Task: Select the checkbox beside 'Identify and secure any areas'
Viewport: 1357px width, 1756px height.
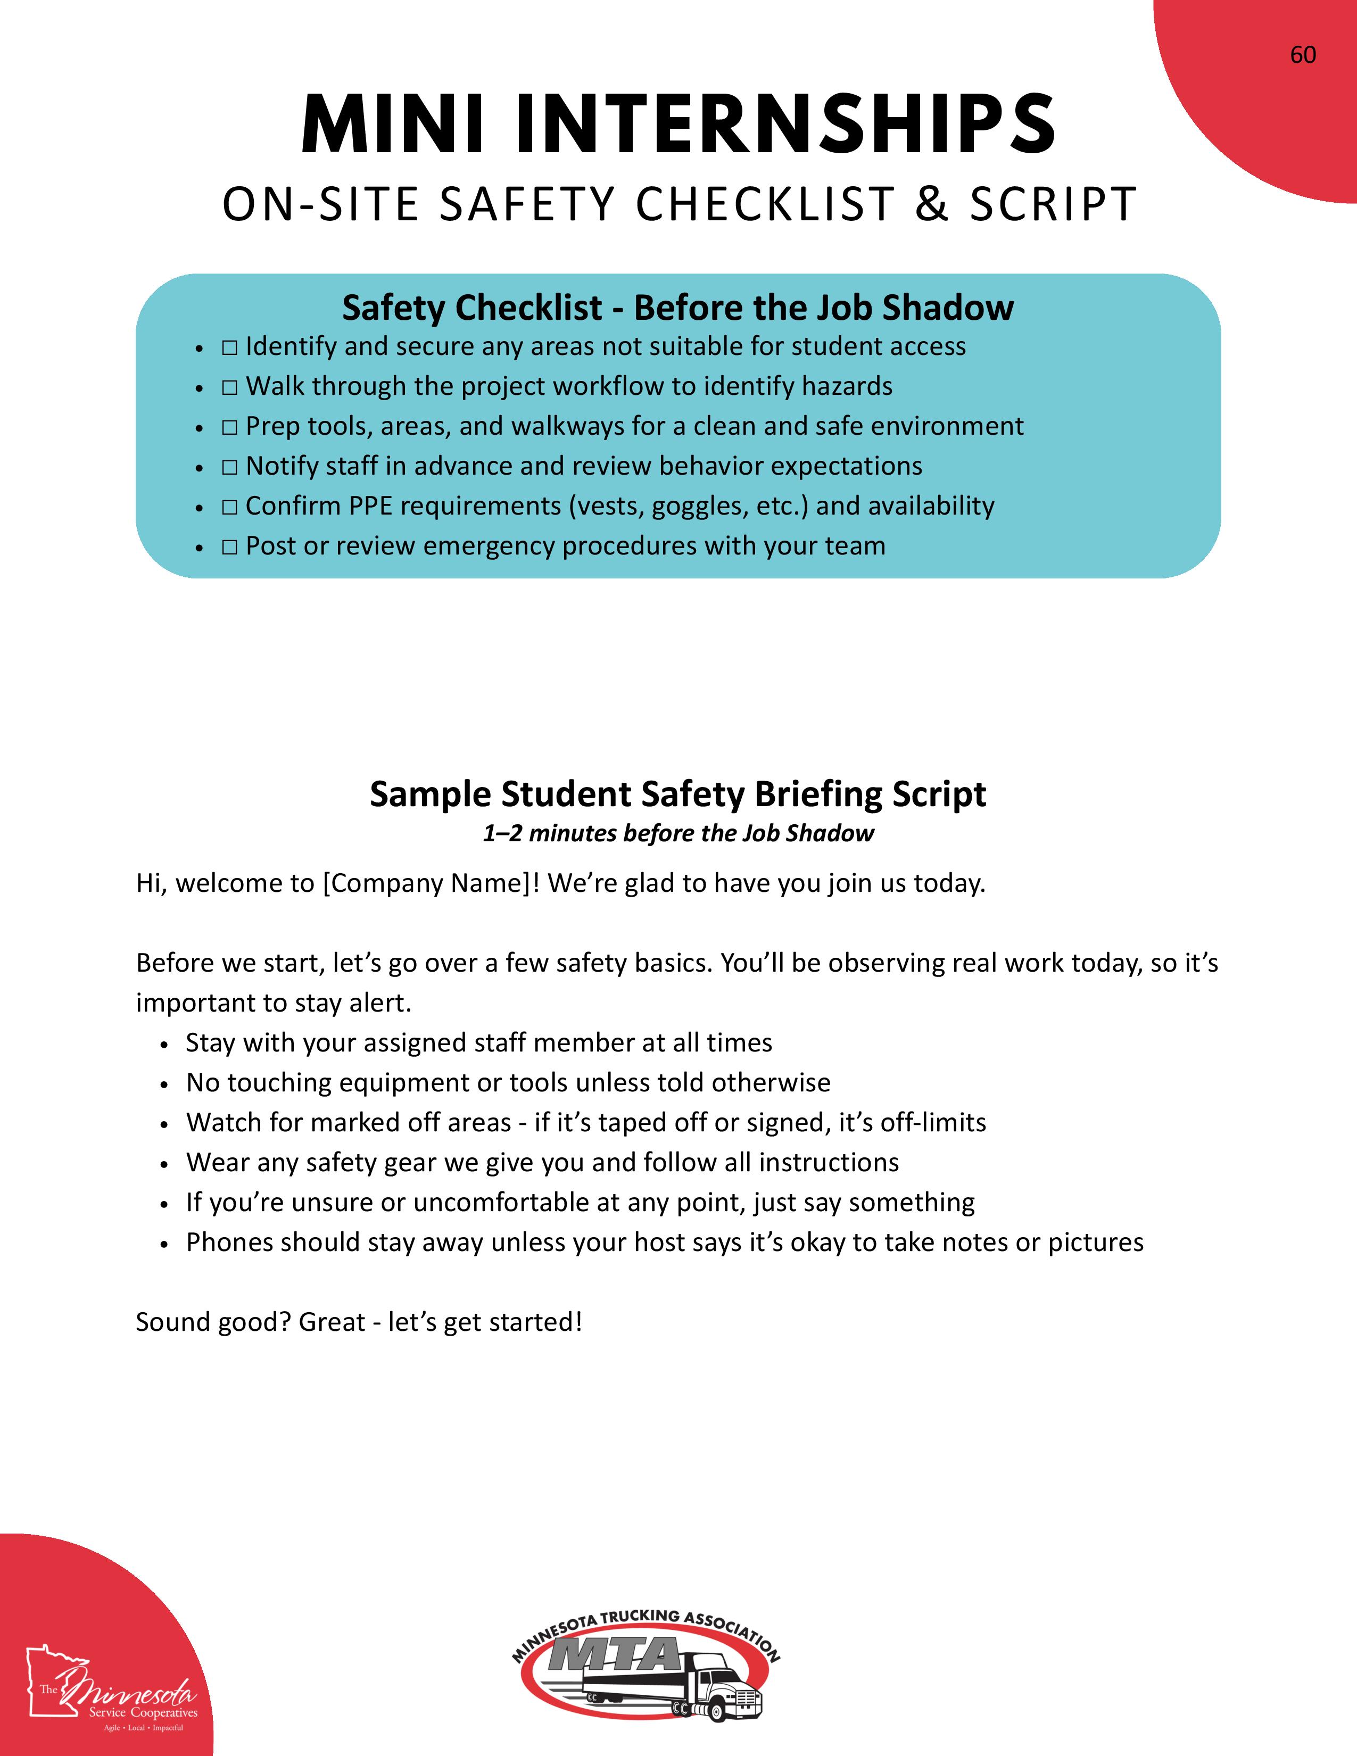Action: (x=230, y=347)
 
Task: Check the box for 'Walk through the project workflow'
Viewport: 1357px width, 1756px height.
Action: (x=230, y=387)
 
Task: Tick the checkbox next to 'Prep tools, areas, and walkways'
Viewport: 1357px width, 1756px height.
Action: (x=230, y=427)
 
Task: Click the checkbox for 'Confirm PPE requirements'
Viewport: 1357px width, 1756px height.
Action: (x=230, y=507)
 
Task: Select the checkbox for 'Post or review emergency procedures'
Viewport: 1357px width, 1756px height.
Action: (x=230, y=546)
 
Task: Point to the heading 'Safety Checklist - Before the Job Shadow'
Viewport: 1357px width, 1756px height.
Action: (x=677, y=307)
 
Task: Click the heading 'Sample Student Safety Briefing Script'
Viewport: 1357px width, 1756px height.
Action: (x=677, y=793)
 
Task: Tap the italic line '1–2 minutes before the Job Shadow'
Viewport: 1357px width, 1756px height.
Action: (x=677, y=833)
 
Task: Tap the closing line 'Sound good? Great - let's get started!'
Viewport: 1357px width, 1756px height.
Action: (x=359, y=1322)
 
